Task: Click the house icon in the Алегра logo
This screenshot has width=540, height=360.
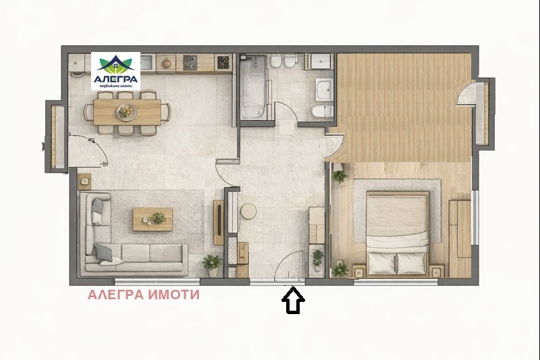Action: (115, 64)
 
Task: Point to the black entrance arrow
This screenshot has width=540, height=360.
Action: (293, 301)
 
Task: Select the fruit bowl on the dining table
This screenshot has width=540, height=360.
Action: (126, 111)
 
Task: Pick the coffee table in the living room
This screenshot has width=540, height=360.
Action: (153, 219)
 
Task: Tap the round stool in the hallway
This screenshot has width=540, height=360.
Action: (248, 211)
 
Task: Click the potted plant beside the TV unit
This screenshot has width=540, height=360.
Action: (212, 263)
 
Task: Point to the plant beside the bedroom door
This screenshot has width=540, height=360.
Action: (340, 176)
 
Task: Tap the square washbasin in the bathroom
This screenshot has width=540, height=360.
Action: (324, 87)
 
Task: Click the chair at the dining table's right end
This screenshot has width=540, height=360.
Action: (167, 112)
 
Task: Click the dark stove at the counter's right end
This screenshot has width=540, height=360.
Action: (224, 63)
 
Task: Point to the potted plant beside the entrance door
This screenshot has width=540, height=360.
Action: (317, 258)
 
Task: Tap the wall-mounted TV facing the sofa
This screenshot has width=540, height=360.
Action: (219, 222)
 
